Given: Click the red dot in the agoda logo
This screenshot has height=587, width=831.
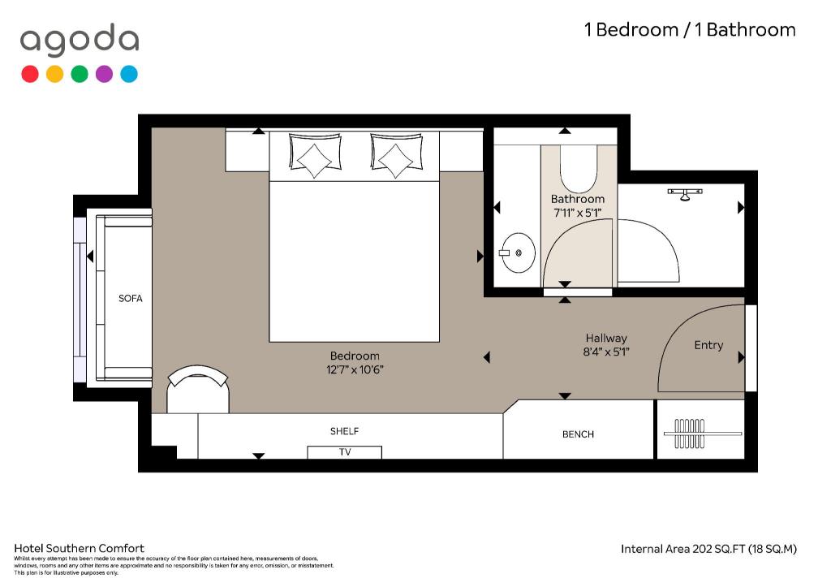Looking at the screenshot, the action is tap(30, 74).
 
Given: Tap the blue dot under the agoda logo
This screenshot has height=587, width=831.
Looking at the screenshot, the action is tap(129, 74).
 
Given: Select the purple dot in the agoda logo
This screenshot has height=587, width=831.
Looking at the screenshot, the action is tap(104, 74).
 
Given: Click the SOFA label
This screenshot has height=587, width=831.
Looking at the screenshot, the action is tap(131, 299).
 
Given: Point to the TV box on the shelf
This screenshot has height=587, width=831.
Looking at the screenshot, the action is tap(344, 452).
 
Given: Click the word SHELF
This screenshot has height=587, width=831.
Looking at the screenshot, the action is tap(344, 431).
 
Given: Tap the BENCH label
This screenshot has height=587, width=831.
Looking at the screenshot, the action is tap(578, 434).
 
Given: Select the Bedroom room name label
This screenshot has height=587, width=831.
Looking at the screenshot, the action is tap(355, 356).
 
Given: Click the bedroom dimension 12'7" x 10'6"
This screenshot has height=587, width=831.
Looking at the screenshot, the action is tap(355, 369).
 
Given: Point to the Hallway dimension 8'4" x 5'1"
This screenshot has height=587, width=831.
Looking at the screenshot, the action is tap(605, 352).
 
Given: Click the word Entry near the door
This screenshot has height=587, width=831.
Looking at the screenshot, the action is tap(708, 345).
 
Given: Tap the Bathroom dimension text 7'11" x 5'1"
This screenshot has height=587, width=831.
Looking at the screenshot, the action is tap(577, 213).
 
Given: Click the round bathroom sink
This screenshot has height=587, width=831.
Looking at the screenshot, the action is tap(518, 253).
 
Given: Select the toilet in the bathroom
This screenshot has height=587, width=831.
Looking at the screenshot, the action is tap(579, 169).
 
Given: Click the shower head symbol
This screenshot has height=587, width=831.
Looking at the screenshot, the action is tap(685, 194).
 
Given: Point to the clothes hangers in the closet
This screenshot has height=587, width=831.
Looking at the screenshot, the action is tap(690, 434).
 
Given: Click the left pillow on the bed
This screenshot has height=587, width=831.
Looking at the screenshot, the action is tap(315, 155).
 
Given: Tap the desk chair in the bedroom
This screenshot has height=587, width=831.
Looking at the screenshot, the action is tap(198, 389).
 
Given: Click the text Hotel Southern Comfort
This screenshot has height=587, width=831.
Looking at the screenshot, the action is tap(79, 548).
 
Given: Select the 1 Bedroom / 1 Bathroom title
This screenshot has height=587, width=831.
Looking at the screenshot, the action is tap(690, 30).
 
